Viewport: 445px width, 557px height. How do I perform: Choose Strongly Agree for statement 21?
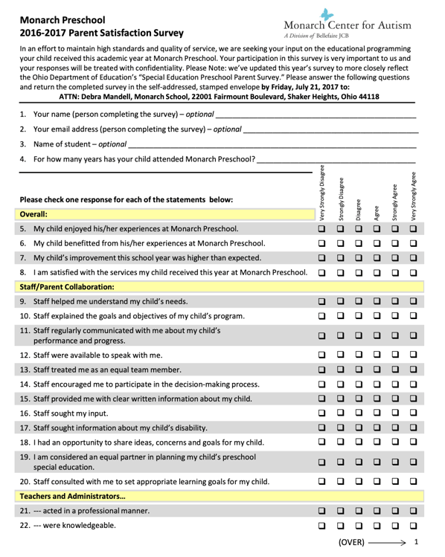pos(394,511)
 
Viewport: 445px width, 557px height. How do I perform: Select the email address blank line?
pos(330,131)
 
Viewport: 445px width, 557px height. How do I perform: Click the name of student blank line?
pos(272,145)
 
